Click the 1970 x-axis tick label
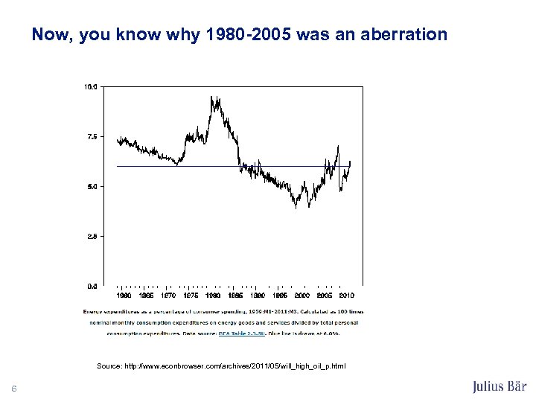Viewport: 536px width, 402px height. point(168,296)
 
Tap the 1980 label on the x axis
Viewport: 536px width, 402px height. point(213,296)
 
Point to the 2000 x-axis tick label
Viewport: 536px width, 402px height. point(302,296)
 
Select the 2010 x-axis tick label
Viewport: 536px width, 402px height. point(346,296)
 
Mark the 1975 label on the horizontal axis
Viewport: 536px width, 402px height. point(191,296)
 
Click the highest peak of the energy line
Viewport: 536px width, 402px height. point(211,96)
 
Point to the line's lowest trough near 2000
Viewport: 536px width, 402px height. point(296,207)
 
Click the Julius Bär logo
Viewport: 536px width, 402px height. point(499,386)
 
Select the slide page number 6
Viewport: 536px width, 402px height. point(14,387)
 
